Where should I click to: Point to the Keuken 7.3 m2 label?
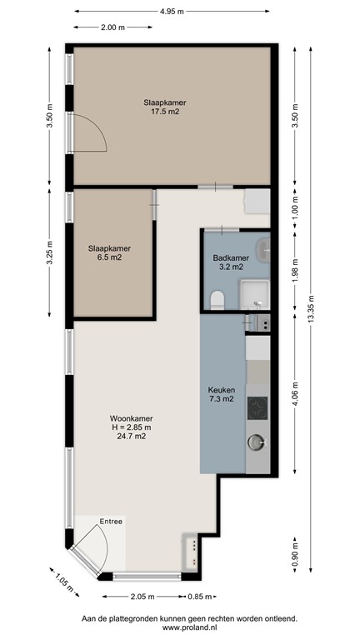coord(221,394)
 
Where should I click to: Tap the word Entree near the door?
coord(111,522)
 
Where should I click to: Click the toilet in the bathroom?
coord(217,299)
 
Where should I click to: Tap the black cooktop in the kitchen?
coord(257,407)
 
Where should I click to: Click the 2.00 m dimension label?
coord(112,27)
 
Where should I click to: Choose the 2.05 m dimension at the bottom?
coord(144,597)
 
